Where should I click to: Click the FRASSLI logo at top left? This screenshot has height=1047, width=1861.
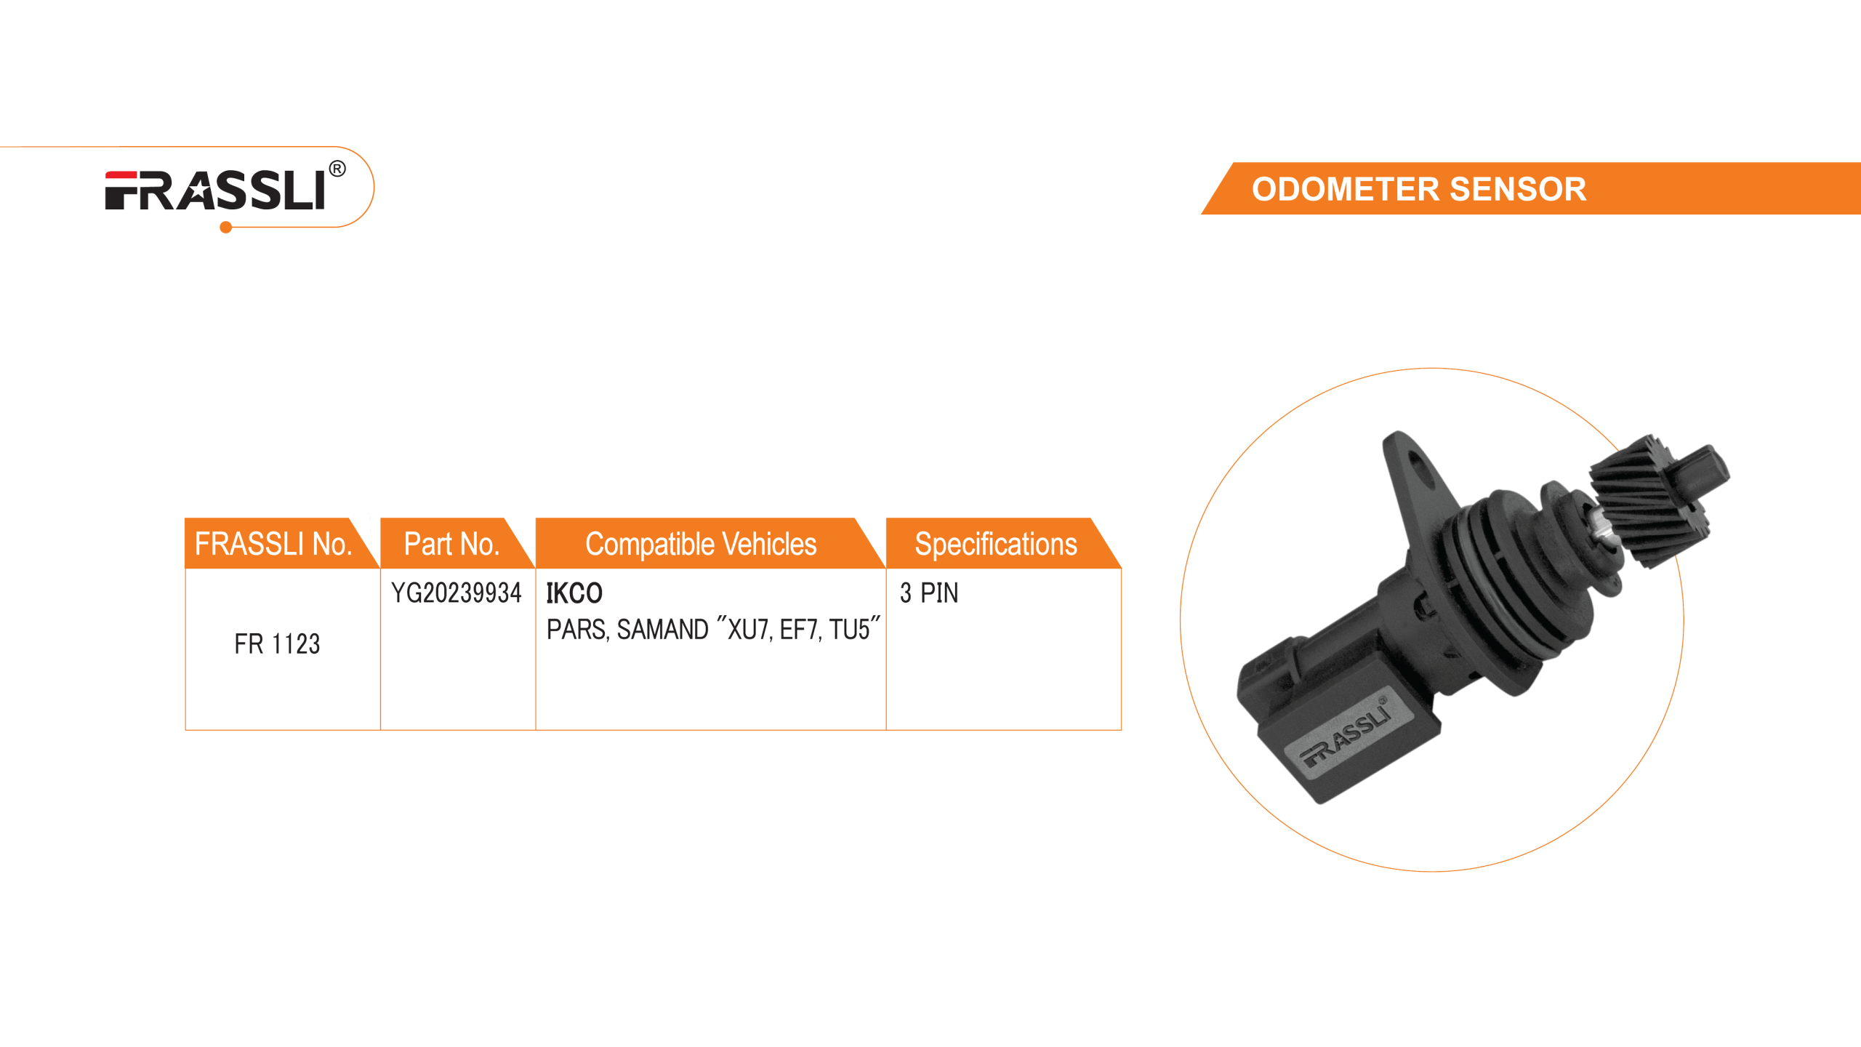pos(215,190)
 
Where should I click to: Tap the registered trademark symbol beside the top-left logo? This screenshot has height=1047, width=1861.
pos(337,170)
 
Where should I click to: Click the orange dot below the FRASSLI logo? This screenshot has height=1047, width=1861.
pos(225,228)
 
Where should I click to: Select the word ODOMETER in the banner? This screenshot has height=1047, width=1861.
pos(1345,189)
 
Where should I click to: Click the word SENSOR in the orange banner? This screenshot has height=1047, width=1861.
pos(1518,189)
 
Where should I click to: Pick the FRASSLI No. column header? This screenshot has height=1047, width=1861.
pos(273,544)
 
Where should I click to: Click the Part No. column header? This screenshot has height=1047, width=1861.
pos(451,544)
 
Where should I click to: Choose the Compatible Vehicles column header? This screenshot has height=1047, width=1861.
pos(701,544)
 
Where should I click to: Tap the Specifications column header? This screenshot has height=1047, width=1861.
pos(995,544)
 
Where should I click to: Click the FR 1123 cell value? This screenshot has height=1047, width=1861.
pos(277,644)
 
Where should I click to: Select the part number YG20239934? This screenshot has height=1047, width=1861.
pos(457,593)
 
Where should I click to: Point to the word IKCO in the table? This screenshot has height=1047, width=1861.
pos(574,593)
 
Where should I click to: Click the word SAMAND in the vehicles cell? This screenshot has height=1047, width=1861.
pos(662,630)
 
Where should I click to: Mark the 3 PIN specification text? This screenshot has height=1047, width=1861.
pos(929,593)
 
